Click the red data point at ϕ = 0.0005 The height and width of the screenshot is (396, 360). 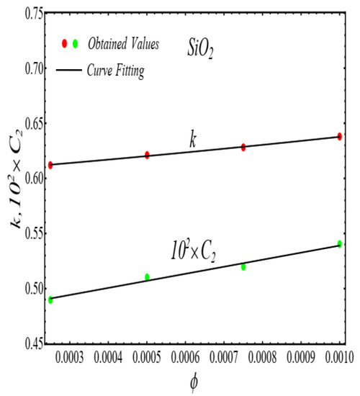pyautogui.click(x=147, y=155)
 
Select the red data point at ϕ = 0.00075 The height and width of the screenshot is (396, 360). pyautogui.click(x=243, y=147)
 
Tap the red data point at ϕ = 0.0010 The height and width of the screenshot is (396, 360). pyautogui.click(x=339, y=136)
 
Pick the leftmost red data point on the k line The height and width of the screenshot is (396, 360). pyautogui.click(x=50, y=165)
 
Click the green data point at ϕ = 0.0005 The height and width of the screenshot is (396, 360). pyautogui.click(x=147, y=276)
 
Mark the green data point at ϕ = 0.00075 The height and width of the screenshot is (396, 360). pyautogui.click(x=243, y=266)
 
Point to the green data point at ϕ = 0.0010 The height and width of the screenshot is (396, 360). pyautogui.click(x=339, y=243)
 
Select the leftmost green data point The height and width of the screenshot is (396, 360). pyautogui.click(x=50, y=300)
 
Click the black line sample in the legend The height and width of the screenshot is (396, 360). pyautogui.click(x=68, y=69)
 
